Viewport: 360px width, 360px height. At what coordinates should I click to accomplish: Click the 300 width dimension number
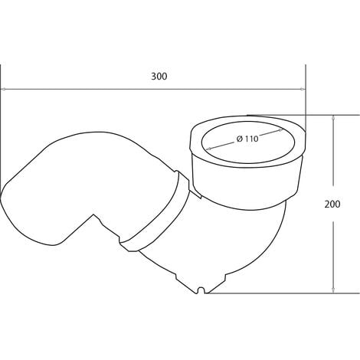point(159,77)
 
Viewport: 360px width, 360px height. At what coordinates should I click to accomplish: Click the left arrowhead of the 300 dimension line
point(4,90)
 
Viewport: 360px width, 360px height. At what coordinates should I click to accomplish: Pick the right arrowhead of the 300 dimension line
point(303,90)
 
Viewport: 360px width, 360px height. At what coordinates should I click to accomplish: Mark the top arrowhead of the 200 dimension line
point(335,118)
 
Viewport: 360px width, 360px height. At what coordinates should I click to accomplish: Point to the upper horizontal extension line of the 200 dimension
point(322,115)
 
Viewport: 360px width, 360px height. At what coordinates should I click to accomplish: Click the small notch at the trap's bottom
point(202,290)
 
